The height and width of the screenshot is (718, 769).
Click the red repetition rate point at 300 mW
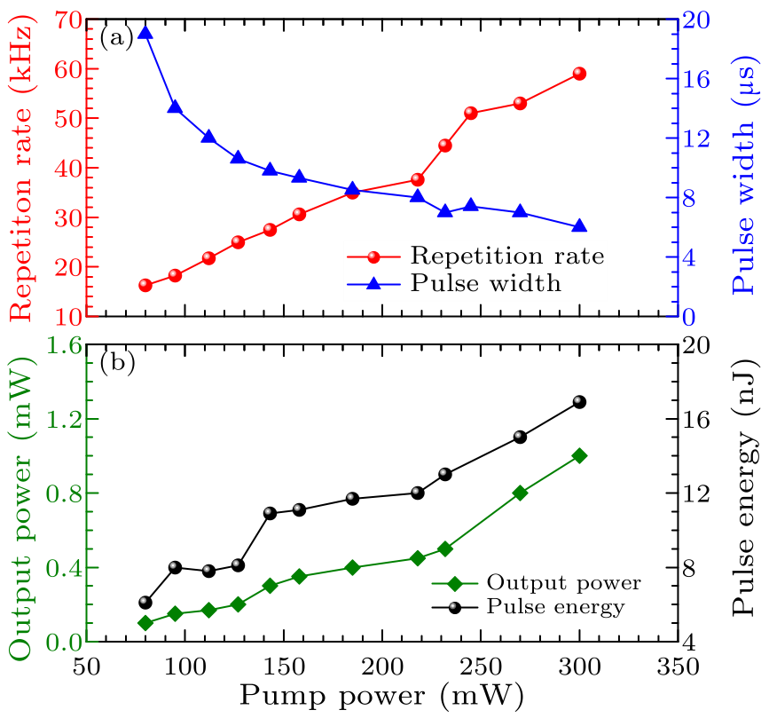[x=579, y=74]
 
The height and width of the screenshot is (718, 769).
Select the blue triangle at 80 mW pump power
[x=145, y=34]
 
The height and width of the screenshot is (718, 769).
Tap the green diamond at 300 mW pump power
[x=579, y=455]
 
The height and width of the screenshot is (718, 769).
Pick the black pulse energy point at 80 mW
[x=145, y=603]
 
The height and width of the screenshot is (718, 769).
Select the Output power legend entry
[x=562, y=583]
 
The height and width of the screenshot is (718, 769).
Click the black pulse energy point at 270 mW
[x=520, y=437]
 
